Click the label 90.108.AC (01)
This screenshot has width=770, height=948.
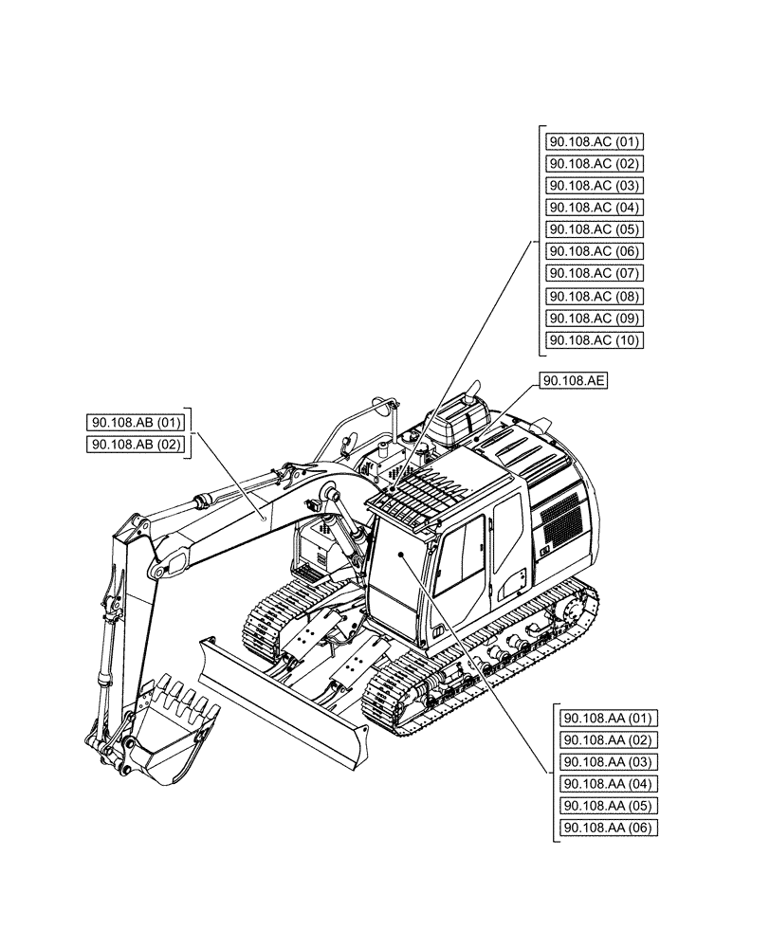(x=595, y=141)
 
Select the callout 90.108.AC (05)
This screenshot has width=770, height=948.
(x=595, y=229)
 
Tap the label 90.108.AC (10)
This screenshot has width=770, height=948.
(x=595, y=340)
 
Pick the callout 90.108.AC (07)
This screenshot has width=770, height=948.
(x=595, y=273)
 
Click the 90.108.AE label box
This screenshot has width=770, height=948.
(x=575, y=381)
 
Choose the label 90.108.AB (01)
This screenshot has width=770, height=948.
(x=136, y=422)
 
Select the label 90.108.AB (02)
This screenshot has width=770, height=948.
(x=136, y=445)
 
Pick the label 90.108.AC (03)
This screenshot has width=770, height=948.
(x=595, y=186)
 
